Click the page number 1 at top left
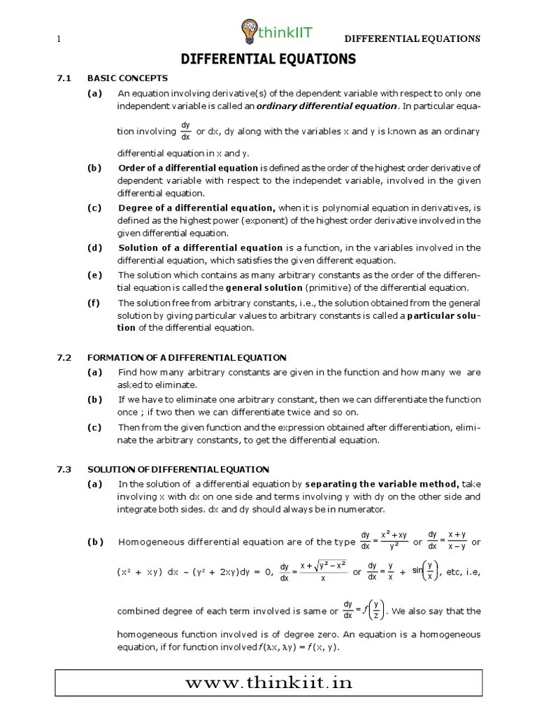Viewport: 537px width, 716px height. click(59, 38)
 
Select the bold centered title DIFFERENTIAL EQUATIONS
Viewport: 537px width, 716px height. click(268, 59)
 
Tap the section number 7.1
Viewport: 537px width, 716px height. click(64, 78)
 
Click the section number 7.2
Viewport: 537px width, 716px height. click(64, 357)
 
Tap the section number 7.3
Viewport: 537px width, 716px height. click(64, 468)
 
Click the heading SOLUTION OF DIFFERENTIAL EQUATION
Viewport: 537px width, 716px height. click(178, 468)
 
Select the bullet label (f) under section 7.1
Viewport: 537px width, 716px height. click(94, 303)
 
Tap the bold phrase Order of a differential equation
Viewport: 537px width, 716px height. click(189, 168)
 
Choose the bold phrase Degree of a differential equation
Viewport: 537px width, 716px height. click(197, 208)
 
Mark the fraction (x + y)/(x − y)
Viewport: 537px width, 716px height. click(458, 541)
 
